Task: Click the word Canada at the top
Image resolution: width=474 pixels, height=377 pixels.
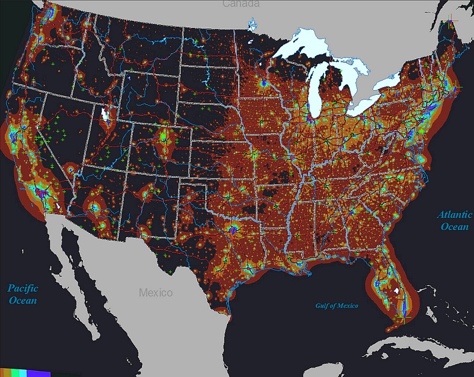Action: pyautogui.click(x=241, y=4)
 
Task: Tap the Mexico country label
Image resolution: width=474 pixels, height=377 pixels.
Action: pyautogui.click(x=155, y=293)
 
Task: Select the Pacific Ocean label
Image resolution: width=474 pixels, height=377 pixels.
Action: pyautogui.click(x=23, y=294)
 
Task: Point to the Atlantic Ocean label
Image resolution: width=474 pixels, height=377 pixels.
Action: pyautogui.click(x=454, y=220)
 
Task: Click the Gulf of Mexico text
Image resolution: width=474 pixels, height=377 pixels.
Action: pyautogui.click(x=338, y=305)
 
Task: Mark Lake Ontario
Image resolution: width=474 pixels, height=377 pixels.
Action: pyautogui.click(x=390, y=81)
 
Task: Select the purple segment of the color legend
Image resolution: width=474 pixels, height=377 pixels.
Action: pyautogui.click(x=37, y=373)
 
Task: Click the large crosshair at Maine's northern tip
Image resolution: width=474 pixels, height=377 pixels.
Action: pyautogui.click(x=452, y=22)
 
